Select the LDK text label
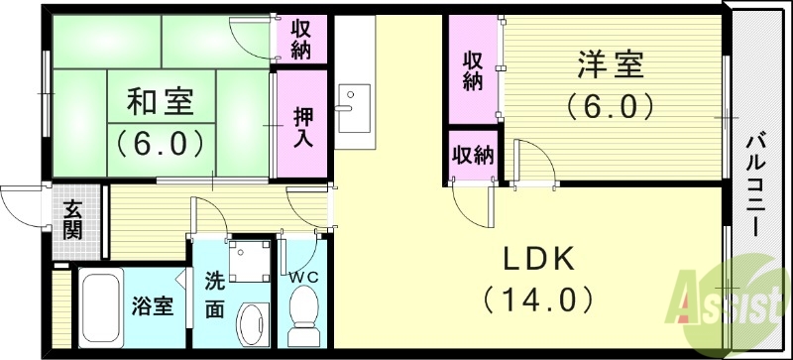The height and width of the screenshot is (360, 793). (537, 259)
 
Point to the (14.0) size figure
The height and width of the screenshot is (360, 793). (538, 297)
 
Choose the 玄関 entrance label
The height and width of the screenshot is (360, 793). (74, 219)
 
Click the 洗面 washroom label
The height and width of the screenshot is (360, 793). (215, 294)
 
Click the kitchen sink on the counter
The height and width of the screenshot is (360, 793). (351, 107)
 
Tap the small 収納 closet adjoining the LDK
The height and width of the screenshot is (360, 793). (473, 155)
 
